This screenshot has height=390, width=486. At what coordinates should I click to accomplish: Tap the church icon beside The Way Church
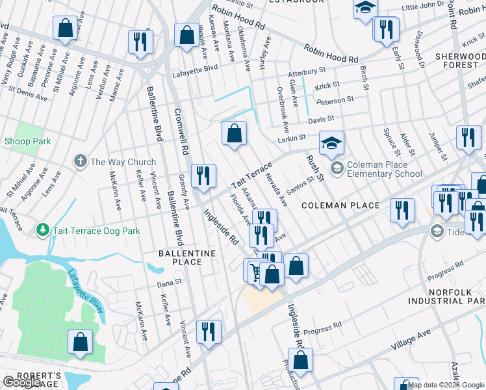[81, 161]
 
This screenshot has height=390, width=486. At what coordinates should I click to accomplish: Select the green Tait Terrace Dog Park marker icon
[43, 230]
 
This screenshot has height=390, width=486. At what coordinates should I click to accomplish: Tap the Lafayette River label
[84, 291]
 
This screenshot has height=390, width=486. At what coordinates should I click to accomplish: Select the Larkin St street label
[292, 138]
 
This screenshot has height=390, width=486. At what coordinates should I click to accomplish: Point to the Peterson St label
[335, 100]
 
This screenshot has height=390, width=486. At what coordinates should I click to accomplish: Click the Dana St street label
[166, 284]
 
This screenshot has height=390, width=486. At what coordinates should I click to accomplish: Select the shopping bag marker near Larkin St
[234, 133]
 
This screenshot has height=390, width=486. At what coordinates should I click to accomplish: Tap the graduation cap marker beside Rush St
[331, 144]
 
